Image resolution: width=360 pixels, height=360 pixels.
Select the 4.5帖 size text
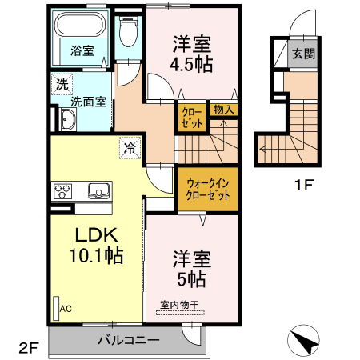[x=192, y=66]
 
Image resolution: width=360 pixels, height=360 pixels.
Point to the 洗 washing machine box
[x=61, y=82]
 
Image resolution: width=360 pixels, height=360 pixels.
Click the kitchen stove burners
[x=63, y=191]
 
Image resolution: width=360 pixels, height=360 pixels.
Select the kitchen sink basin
[x=98, y=190]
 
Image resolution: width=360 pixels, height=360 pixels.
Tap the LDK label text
[x=97, y=235]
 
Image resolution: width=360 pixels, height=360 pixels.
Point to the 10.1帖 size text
[x=94, y=256]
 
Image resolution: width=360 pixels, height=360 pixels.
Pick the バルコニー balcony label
[x=128, y=339]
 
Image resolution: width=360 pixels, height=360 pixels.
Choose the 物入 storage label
[x=222, y=110]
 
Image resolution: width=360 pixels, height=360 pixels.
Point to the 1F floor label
[x=302, y=186]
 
